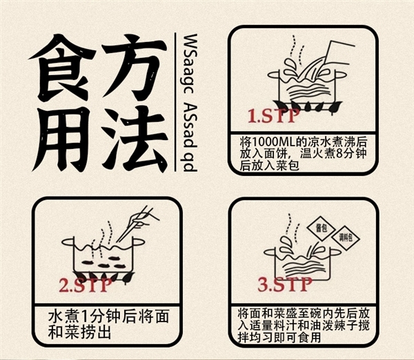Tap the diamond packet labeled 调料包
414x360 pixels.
[344, 239]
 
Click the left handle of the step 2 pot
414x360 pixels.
[67, 243]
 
